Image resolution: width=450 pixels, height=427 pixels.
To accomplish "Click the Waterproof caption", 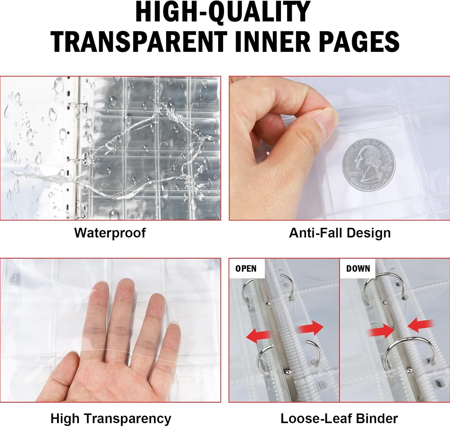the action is click(110, 233).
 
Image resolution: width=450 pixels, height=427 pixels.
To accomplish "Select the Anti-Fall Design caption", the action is click(340, 233).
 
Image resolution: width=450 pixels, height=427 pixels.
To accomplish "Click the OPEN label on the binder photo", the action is click(246, 269).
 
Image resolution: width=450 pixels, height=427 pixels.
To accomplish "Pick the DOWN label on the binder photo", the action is click(358, 269).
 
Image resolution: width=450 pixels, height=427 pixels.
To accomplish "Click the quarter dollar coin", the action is click(368, 165).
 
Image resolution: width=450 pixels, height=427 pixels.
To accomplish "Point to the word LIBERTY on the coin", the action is click(354, 173).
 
